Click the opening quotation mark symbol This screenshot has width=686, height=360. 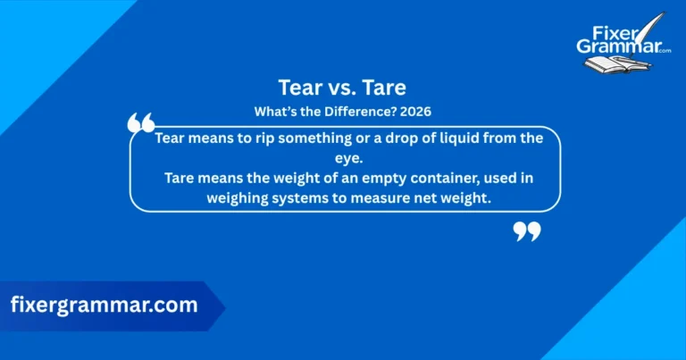click(x=141, y=123)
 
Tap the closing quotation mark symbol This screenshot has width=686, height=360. click(x=527, y=232)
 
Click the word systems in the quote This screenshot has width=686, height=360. click(x=305, y=198)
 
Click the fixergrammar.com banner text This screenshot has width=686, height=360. click(x=104, y=305)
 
